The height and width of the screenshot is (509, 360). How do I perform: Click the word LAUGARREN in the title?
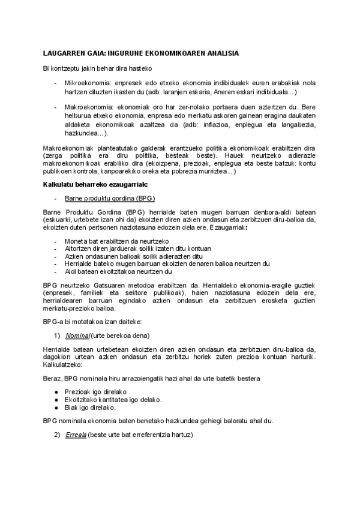pyautogui.click(x=65, y=53)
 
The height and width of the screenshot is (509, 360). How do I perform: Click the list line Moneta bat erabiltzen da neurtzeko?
pyautogui.click(x=116, y=240)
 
